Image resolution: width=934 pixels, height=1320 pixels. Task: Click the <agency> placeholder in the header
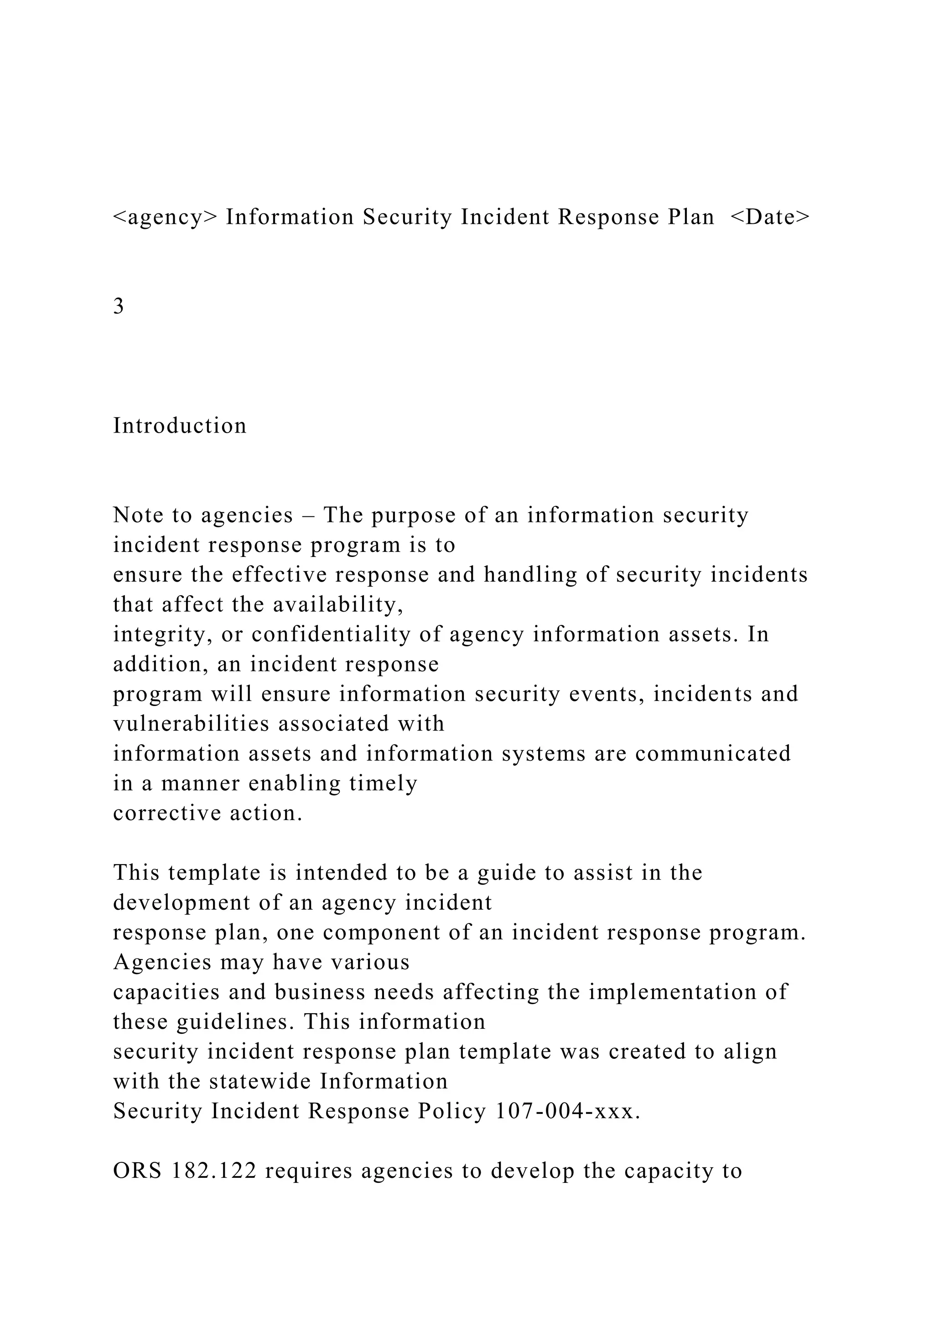tap(165, 217)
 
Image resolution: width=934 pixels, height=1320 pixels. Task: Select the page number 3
tap(119, 306)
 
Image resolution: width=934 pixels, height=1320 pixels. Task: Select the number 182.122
tap(214, 1171)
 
